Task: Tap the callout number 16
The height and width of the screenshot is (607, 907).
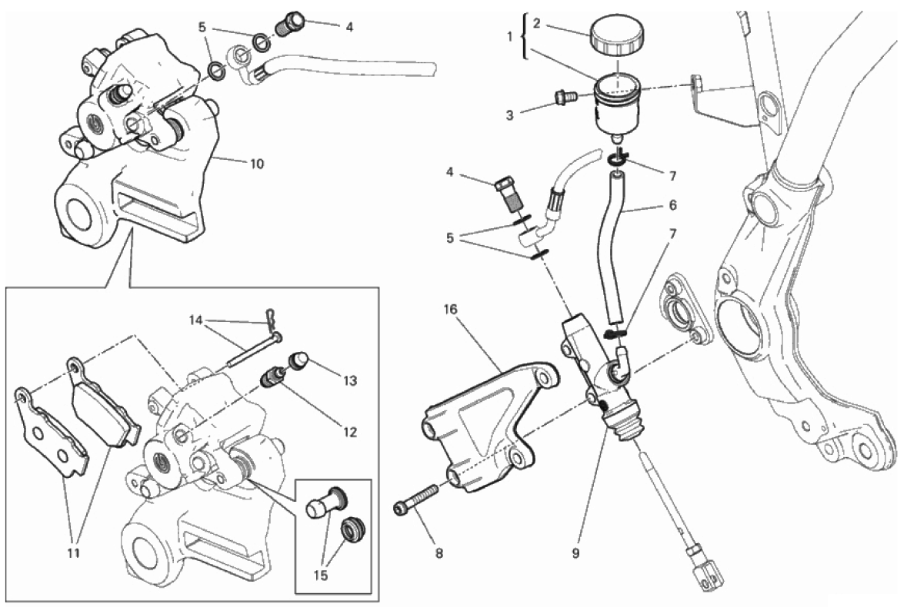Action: point(450,310)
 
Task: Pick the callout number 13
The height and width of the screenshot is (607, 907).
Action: point(351,380)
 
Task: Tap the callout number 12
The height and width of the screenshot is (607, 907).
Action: point(351,432)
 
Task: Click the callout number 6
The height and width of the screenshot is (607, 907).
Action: point(672,205)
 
